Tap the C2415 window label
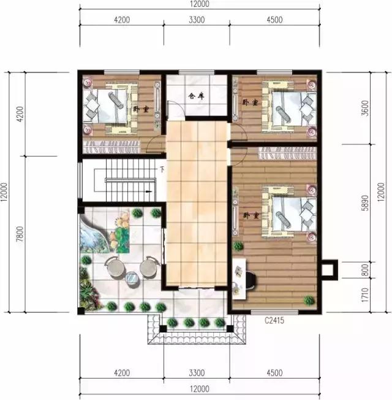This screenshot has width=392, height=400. click(274, 320)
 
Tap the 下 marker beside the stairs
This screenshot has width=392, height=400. click(162, 169)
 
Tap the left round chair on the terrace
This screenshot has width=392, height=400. click(114, 268)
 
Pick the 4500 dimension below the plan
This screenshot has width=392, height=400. click(274, 371)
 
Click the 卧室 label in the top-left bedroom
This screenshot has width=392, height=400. click(141, 109)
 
